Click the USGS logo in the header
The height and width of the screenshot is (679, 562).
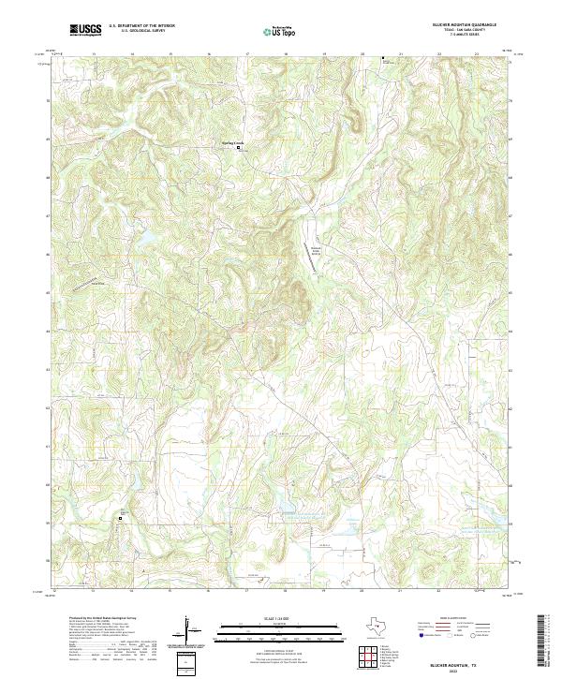(x=85, y=30)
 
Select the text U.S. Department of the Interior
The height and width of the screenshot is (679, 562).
(x=141, y=25)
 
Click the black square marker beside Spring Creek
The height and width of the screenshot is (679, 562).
(x=238, y=148)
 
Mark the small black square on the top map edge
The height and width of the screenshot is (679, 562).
(x=382, y=58)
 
